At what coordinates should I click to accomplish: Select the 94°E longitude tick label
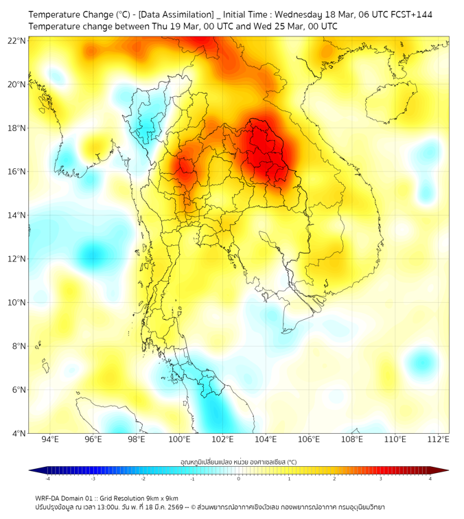[x=50, y=440]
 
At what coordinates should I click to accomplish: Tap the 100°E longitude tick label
[x=180, y=440]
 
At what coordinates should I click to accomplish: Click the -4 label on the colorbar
[x=47, y=478]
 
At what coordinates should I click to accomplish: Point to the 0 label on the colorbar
[x=239, y=478]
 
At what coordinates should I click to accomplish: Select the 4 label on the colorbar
[x=430, y=478]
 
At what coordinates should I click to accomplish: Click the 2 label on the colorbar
[x=335, y=478]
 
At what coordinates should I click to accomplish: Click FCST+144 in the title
[x=409, y=14]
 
